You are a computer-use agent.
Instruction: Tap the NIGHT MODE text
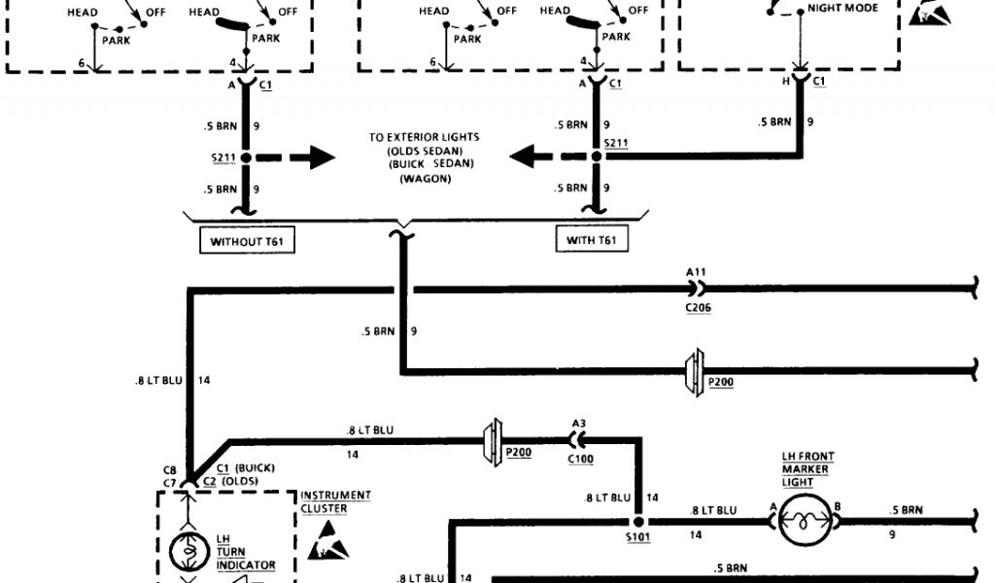click(x=842, y=9)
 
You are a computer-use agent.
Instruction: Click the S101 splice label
click(x=638, y=534)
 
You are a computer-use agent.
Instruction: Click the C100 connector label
click(x=581, y=458)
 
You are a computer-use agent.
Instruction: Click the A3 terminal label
click(x=579, y=423)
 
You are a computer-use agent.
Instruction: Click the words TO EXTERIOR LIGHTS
click(x=424, y=137)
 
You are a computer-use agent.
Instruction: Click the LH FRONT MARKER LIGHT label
click(x=807, y=468)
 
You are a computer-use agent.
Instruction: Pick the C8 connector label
click(x=169, y=469)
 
